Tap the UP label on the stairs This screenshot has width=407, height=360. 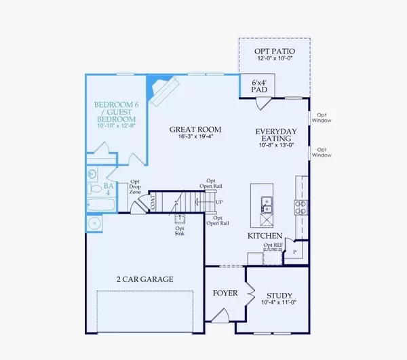tap(218, 202)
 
